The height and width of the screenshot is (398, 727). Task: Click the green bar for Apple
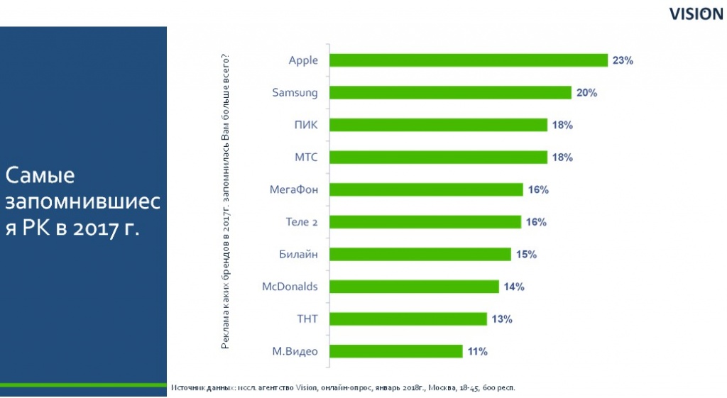click(469, 60)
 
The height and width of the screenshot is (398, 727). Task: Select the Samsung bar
click(451, 93)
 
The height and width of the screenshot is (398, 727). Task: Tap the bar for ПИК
click(439, 125)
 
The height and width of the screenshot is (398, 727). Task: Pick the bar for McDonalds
click(415, 287)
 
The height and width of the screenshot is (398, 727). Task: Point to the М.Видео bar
click(396, 351)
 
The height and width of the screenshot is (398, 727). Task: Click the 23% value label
click(623, 60)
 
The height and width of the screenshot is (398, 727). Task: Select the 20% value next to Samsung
click(586, 93)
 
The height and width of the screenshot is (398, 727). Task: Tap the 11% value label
click(477, 351)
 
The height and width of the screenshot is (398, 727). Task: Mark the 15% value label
click(526, 254)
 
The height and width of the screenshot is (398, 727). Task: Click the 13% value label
click(502, 319)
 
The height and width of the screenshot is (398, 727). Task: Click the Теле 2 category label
click(296, 222)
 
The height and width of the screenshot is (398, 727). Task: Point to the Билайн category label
click(299, 254)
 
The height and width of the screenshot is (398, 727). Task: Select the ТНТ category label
click(307, 319)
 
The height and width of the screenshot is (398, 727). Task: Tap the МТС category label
click(306, 157)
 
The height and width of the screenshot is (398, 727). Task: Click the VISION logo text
click(696, 15)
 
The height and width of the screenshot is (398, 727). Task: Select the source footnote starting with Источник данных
click(343, 388)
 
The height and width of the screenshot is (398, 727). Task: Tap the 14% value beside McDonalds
click(514, 287)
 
